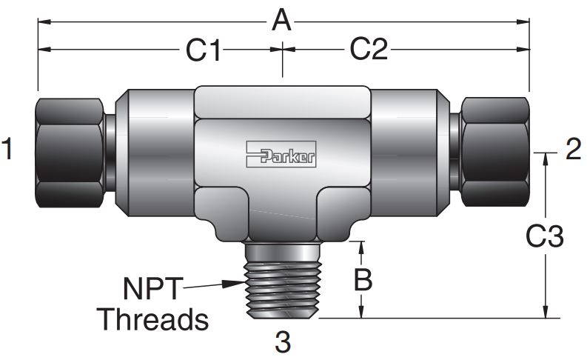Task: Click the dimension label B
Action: pos(363,280)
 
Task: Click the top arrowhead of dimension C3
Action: pos(546,158)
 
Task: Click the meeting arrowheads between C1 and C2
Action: pos(282,50)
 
